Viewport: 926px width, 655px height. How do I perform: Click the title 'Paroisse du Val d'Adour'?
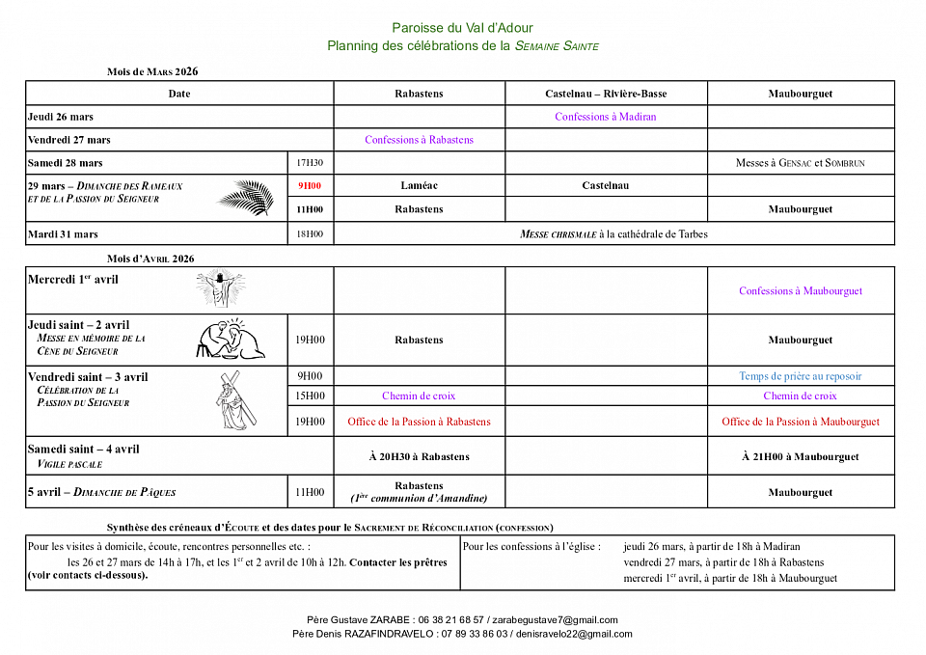coord(462,28)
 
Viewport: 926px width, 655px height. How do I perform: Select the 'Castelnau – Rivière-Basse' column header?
coord(605,94)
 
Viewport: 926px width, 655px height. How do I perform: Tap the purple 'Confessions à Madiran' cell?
coord(605,117)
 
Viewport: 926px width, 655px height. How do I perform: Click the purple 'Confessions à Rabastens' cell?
coord(419,140)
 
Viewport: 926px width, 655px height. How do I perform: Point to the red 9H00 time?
coord(310,185)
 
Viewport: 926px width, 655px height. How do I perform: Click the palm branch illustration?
coord(246,197)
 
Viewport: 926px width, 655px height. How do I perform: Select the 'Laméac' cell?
coord(419,185)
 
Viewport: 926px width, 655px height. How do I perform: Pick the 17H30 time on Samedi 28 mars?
coord(310,163)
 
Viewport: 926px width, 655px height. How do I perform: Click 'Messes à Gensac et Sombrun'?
coord(800,163)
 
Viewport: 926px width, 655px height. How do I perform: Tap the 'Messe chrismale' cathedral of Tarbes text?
coord(613,233)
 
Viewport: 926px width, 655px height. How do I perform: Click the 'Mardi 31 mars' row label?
coord(63,233)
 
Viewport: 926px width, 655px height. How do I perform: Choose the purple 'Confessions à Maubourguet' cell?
coord(801,290)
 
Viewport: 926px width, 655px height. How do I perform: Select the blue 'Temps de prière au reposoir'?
coord(801,376)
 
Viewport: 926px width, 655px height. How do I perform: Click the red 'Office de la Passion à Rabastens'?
coord(419,422)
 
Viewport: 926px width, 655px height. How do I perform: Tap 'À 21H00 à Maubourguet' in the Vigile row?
coord(801,456)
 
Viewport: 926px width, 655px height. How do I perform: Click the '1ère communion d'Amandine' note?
coord(419,499)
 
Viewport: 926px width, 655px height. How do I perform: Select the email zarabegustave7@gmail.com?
coord(556,620)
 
